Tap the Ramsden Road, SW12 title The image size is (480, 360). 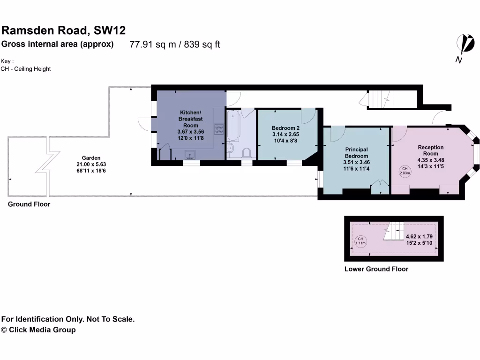(x=64, y=31)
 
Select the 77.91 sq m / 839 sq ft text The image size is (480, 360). (x=175, y=45)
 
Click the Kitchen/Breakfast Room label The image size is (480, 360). (x=191, y=119)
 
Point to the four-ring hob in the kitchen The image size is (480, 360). (x=219, y=129)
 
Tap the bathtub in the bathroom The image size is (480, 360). (x=233, y=126)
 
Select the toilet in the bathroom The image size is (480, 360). (x=247, y=152)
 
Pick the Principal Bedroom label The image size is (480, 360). (x=356, y=153)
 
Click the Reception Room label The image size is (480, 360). (x=431, y=150)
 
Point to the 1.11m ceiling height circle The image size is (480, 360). (x=360, y=241)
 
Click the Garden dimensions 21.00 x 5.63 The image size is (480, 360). (x=91, y=165)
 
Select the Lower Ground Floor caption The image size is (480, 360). (x=376, y=269)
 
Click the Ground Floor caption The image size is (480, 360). (x=29, y=204)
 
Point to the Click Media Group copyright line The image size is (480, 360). (x=38, y=330)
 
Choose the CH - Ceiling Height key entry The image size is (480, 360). (x=26, y=69)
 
